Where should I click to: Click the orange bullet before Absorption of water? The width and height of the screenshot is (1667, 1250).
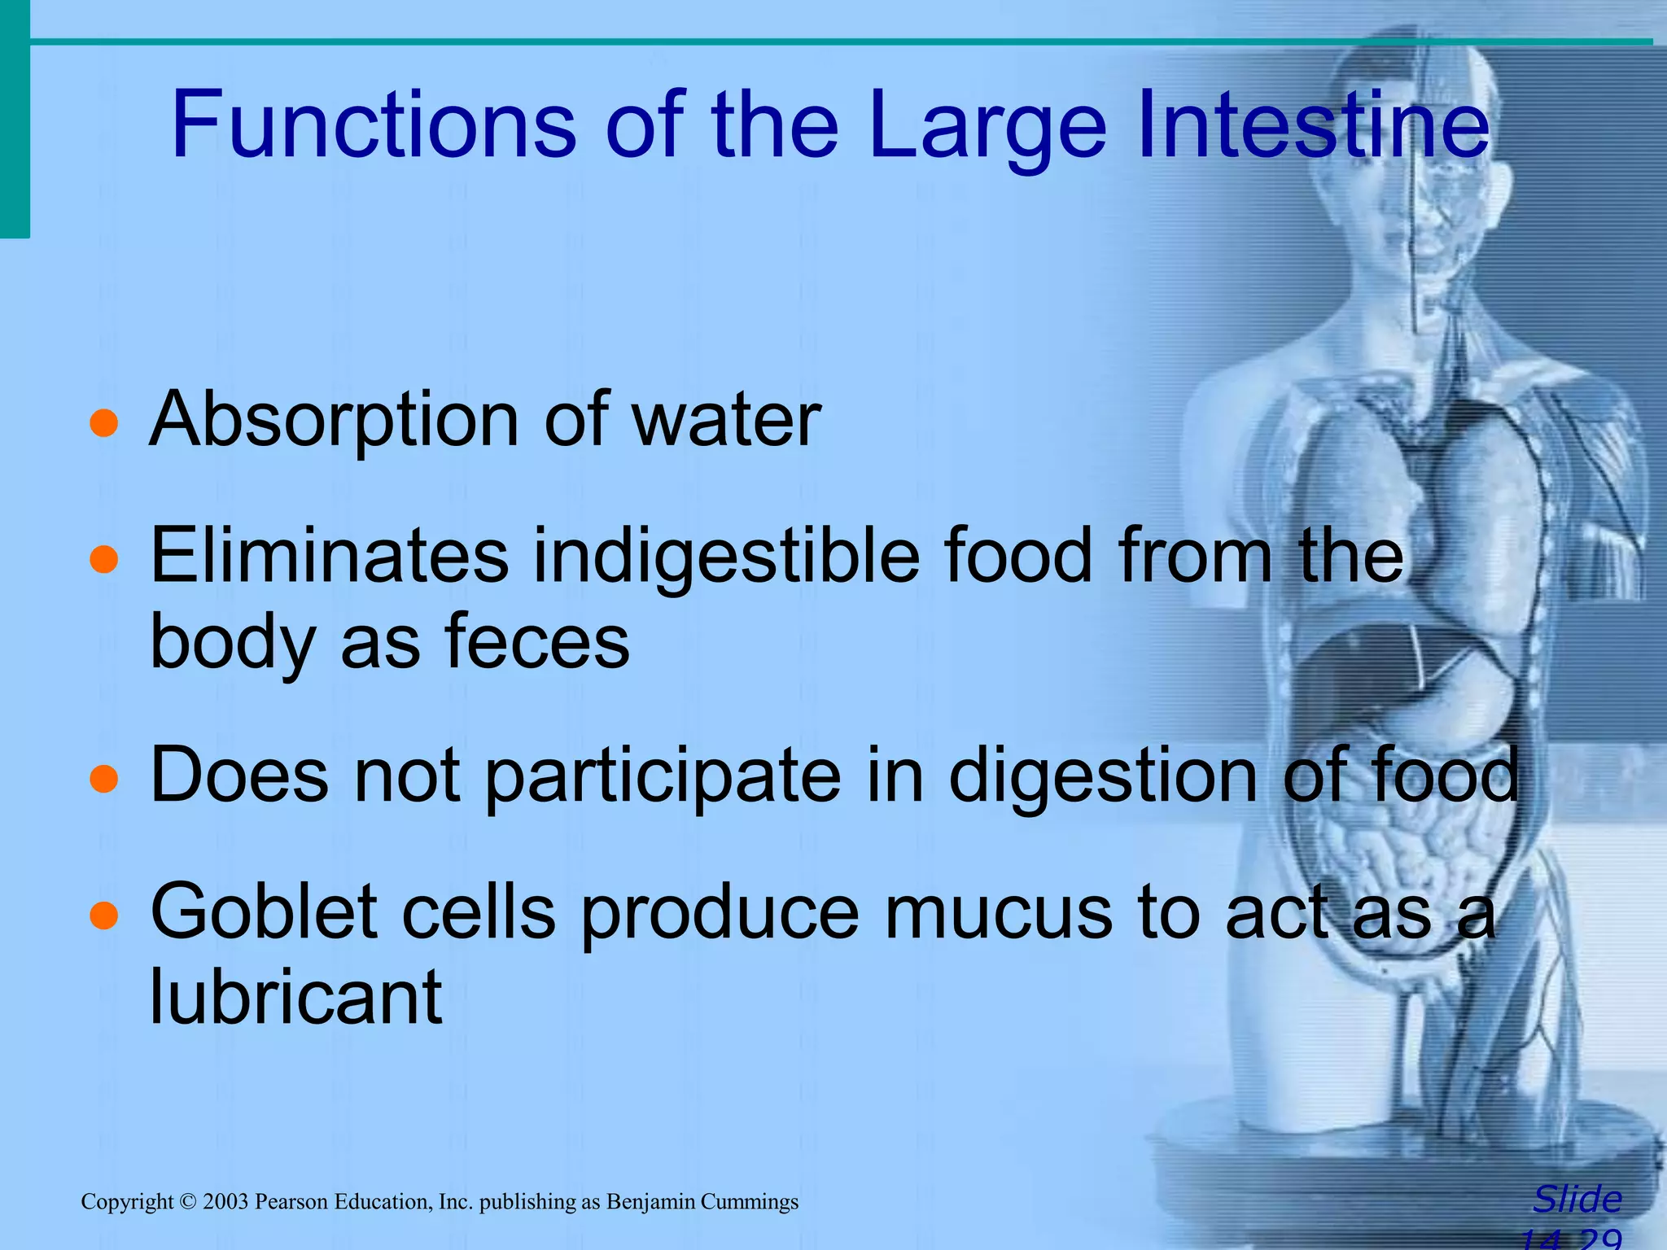click(104, 423)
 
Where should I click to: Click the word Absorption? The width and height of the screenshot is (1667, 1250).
click(334, 423)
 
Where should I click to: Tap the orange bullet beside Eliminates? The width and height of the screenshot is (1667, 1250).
click(104, 560)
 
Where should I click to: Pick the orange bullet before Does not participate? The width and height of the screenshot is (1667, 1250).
click(104, 778)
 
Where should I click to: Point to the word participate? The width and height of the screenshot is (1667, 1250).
click(663, 778)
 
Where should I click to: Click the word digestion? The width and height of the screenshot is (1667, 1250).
click(1102, 778)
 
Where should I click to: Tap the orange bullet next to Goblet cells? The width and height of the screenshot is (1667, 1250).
click(104, 915)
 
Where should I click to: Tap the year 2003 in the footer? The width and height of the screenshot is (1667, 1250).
click(225, 1202)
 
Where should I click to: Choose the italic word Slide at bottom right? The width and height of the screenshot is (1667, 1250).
click(1577, 1199)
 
